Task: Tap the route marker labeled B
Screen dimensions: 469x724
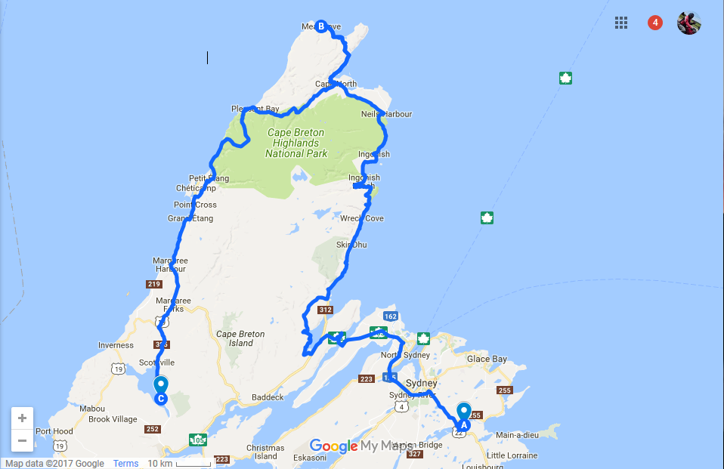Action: (321, 26)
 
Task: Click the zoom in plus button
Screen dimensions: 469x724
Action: (22, 418)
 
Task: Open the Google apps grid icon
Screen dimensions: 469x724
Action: (621, 23)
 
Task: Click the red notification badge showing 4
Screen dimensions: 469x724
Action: (655, 23)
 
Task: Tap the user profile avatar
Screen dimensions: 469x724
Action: (688, 23)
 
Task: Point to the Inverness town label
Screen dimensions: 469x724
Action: (116, 346)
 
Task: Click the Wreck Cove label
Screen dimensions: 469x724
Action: (362, 219)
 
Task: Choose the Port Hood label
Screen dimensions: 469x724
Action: (53, 432)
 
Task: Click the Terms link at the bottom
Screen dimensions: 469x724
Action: (126, 463)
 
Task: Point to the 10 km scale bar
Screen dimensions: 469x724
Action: (178, 463)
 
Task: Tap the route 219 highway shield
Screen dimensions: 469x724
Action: (154, 284)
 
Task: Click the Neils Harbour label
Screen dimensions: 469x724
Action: (387, 114)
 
